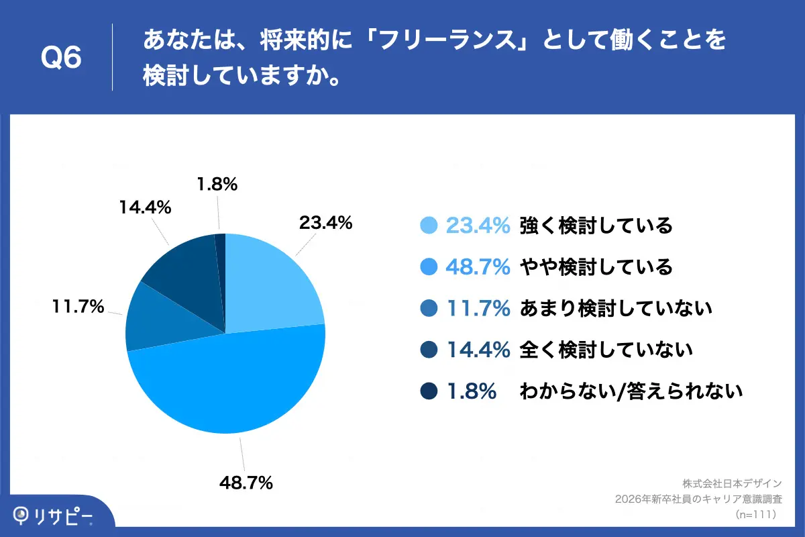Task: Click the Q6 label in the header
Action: coord(61,58)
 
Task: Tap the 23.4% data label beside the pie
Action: coord(325,224)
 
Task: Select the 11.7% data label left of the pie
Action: coord(78,307)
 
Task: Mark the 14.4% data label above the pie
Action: coord(145,207)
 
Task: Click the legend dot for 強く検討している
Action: coord(429,226)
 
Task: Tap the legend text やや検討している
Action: coord(596,268)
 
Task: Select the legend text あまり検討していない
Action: coord(615,309)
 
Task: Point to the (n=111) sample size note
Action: coord(755,514)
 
